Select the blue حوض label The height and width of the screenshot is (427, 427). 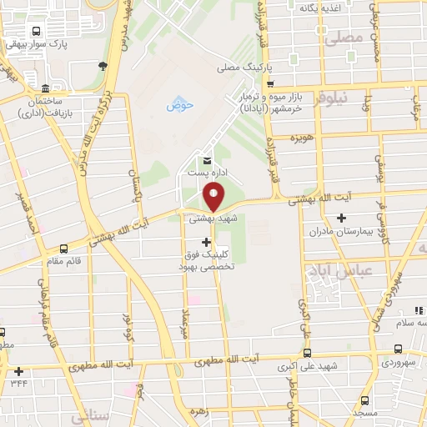pos(179,105)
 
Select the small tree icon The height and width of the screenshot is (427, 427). pos(103,66)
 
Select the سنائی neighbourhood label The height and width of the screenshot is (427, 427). pos(88,414)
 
